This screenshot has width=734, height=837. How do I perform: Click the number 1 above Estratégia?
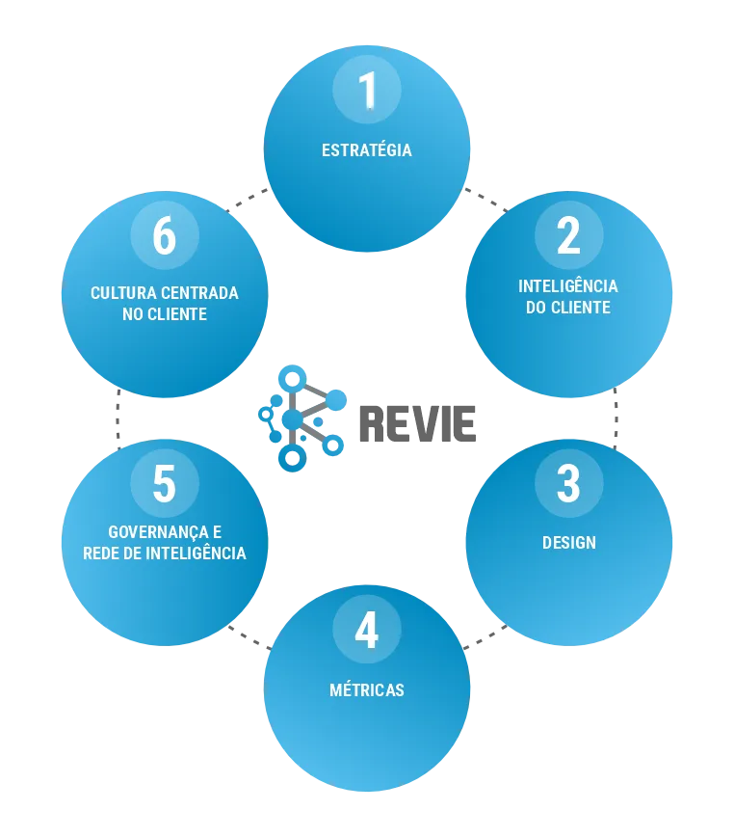tap(367, 90)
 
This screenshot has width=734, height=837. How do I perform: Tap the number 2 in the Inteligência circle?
tap(568, 234)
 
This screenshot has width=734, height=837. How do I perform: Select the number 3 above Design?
tap(568, 483)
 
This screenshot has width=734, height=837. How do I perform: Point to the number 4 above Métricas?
tap(367, 632)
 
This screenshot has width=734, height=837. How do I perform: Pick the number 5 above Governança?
tap(165, 483)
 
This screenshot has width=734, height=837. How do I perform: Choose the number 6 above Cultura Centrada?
tap(165, 234)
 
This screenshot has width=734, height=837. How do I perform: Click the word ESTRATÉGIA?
tap(367, 150)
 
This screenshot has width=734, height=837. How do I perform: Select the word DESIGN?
tap(568, 543)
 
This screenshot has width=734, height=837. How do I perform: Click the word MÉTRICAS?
tap(367, 690)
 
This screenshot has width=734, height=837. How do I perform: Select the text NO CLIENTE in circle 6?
tap(165, 314)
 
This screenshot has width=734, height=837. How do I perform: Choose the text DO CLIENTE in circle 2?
tap(568, 308)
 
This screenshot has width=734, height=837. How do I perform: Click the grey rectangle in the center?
tap(415, 424)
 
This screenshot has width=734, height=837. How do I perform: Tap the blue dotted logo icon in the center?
tap(300, 418)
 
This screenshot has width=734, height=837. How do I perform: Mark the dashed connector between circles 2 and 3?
tap(617, 415)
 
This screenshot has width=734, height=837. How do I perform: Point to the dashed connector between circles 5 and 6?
tap(118, 417)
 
